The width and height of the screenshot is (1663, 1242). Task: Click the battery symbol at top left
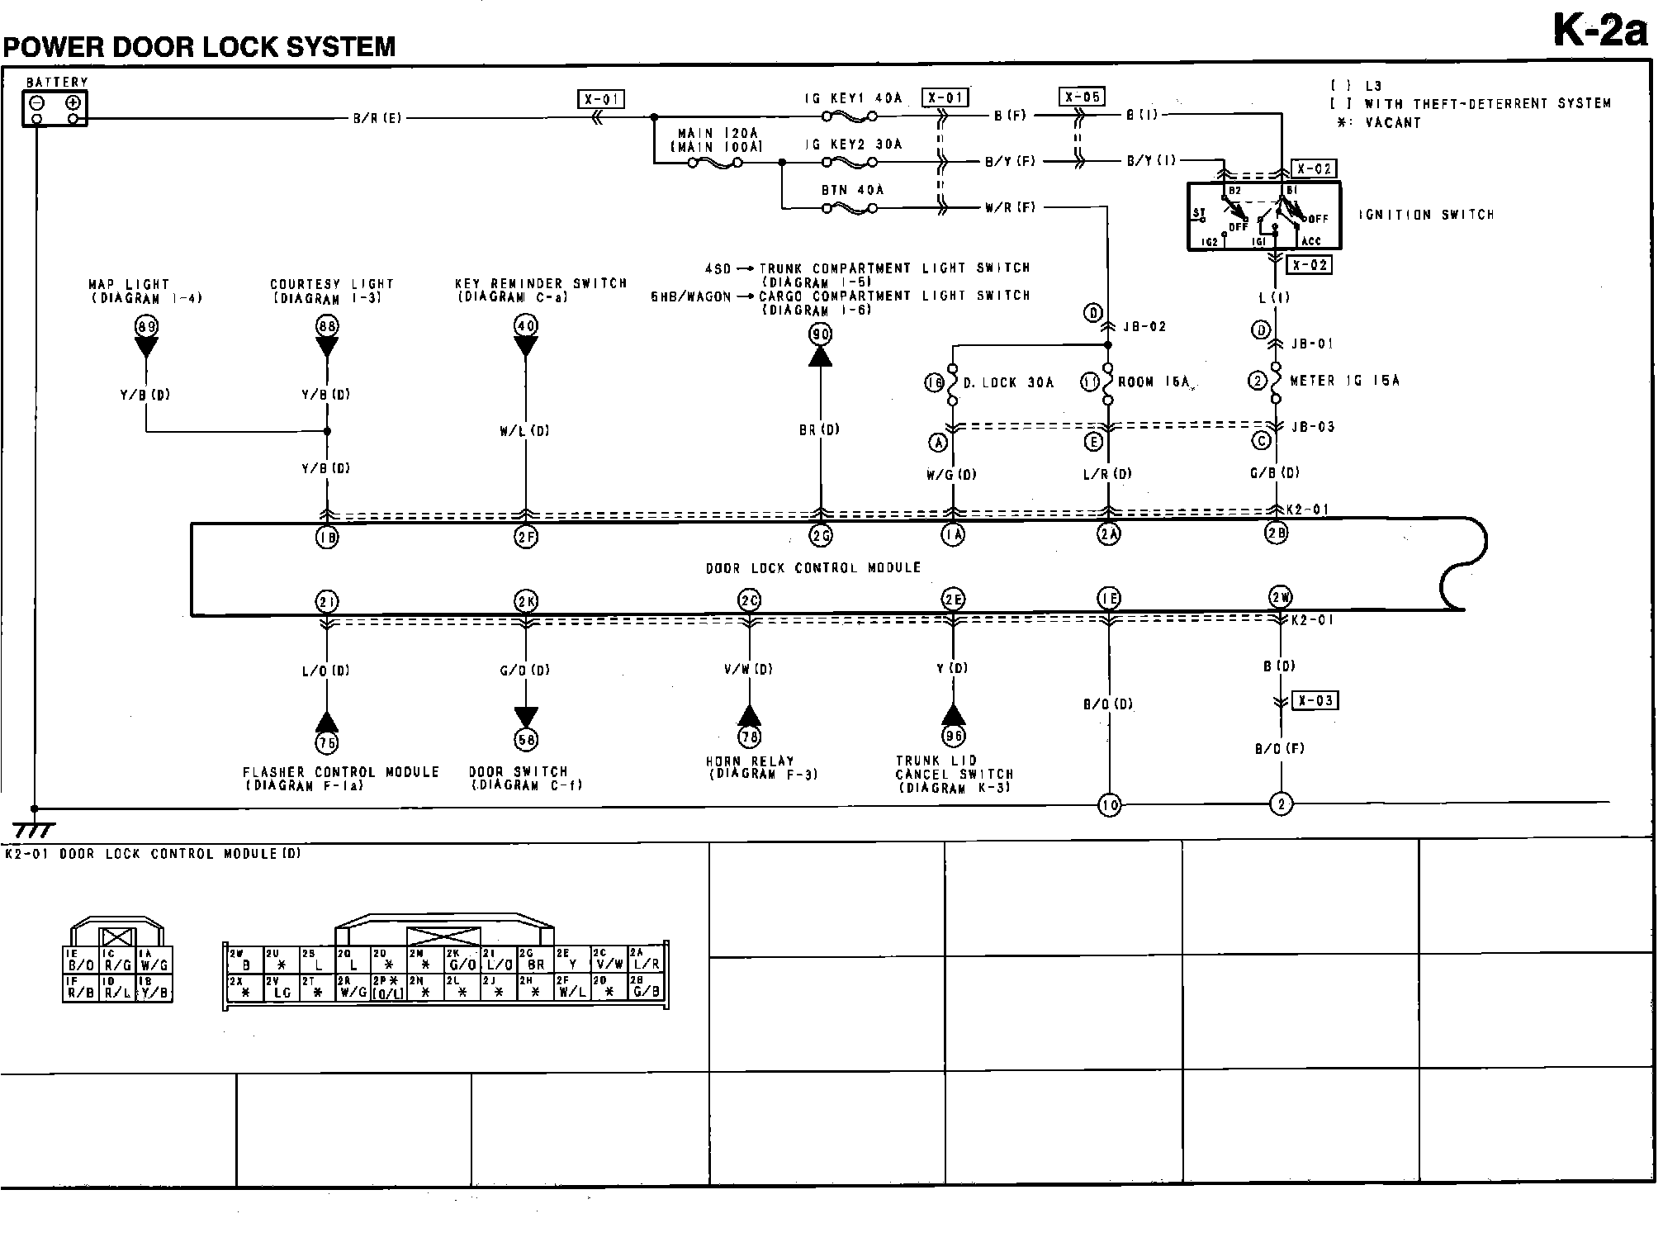click(x=54, y=108)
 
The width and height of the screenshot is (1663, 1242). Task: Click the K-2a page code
click(x=1600, y=32)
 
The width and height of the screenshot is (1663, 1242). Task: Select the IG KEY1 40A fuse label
click(x=854, y=98)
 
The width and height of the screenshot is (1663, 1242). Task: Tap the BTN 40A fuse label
click(x=852, y=190)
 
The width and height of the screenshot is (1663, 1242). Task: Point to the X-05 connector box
click(x=1082, y=97)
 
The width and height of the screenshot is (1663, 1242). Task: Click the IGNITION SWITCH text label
click(x=1426, y=215)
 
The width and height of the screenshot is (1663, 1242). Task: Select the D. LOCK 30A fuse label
click(x=1008, y=382)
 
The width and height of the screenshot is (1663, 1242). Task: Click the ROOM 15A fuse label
click(x=1154, y=382)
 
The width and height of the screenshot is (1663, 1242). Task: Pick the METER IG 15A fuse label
click(x=1344, y=381)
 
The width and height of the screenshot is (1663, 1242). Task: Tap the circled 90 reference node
click(x=820, y=334)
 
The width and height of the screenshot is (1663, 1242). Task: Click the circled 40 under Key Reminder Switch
click(x=526, y=325)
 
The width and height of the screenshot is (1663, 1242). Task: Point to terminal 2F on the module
click(x=526, y=538)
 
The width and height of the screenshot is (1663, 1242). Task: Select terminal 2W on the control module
click(x=1280, y=597)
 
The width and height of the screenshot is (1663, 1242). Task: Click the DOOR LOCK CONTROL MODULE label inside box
click(x=813, y=568)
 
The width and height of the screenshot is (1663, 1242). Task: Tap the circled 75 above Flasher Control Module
click(x=327, y=742)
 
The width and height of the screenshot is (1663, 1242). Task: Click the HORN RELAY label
click(x=750, y=761)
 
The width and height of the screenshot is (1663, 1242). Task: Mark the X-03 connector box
click(x=1315, y=700)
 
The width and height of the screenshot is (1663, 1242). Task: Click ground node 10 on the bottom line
click(x=1109, y=804)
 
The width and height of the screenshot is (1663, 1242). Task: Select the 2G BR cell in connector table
click(x=536, y=958)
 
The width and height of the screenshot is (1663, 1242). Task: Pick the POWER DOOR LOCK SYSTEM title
click(x=200, y=46)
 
